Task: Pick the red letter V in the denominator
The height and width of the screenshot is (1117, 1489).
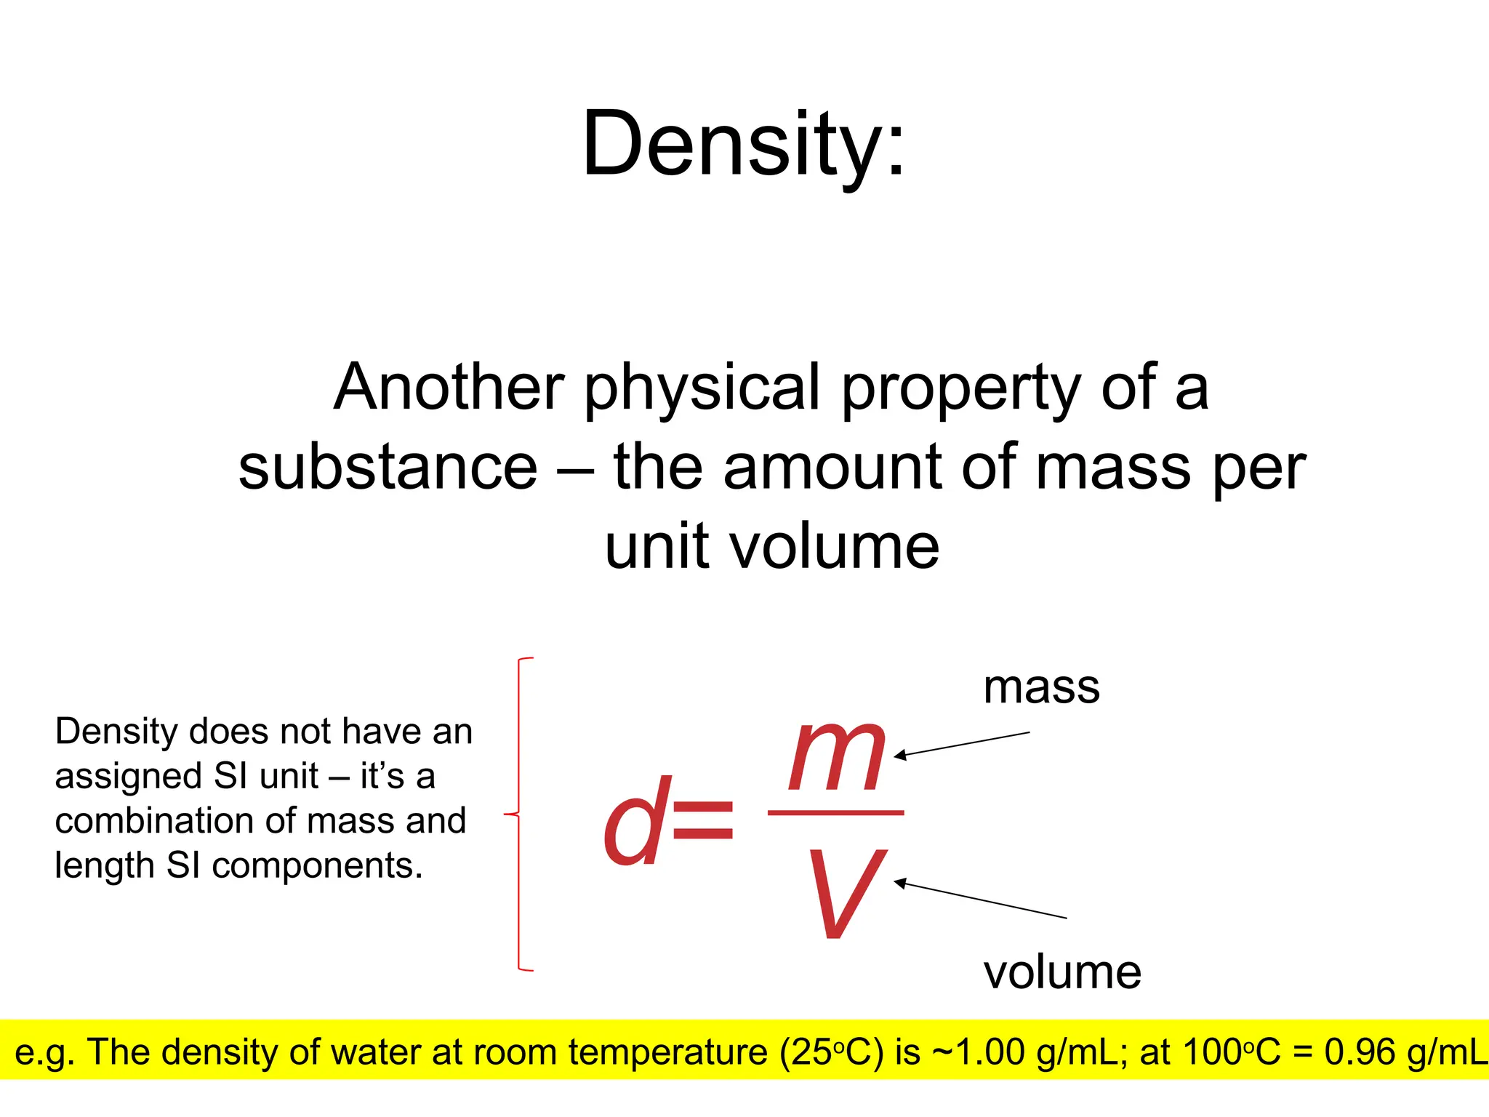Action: coord(846,893)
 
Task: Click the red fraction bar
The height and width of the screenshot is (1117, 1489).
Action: coord(835,812)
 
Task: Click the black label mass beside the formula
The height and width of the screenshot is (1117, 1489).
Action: coord(1041,687)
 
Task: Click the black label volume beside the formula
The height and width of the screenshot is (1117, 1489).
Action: coord(1062,972)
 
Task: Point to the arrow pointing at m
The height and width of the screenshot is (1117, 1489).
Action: coord(961,745)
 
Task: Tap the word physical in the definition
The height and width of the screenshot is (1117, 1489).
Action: coord(702,388)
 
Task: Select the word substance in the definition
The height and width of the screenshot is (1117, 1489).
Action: coord(388,468)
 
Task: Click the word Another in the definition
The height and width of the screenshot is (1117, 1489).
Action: coord(449,388)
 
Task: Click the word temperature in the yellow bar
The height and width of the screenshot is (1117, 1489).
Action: coord(667,1052)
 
